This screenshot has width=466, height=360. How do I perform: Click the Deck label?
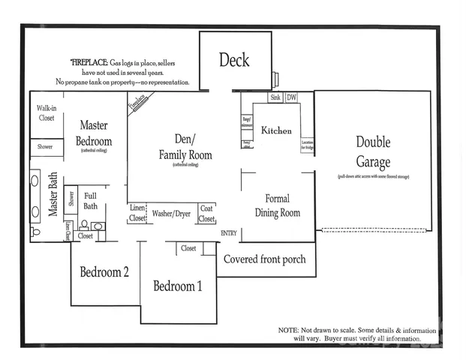click(x=234, y=60)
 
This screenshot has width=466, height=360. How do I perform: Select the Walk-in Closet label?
click(x=47, y=112)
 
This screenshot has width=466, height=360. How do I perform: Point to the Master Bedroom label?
click(x=95, y=133)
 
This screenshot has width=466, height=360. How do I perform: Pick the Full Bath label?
click(x=91, y=200)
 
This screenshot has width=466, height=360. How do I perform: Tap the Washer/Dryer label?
click(x=172, y=214)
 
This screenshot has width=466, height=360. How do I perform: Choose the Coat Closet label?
click(x=207, y=214)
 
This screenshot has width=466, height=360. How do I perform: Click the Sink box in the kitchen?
click(x=276, y=98)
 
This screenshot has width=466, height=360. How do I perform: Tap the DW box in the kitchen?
click(x=291, y=98)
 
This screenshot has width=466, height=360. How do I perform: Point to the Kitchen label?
click(x=276, y=130)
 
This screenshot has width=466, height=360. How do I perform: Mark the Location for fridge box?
click(x=307, y=145)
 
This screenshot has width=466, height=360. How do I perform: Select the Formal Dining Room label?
click(x=278, y=205)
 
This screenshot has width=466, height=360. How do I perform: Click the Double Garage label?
click(x=373, y=152)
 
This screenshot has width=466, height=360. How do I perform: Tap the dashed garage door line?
click(x=375, y=229)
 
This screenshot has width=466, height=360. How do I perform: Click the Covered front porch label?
click(x=266, y=260)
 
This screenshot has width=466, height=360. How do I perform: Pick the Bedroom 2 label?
click(x=104, y=271)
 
